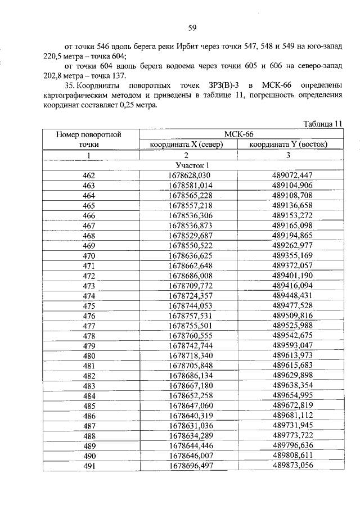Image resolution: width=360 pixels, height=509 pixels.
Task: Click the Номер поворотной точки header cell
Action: click(89, 139)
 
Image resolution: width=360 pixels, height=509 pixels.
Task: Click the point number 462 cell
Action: click(89, 175)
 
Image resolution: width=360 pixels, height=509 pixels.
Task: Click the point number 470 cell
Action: click(89, 255)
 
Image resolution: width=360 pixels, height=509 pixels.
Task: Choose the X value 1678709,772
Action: click(188, 286)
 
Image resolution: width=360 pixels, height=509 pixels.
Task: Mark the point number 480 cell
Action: click(89, 355)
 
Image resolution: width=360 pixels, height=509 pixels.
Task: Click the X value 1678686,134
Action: click(188, 376)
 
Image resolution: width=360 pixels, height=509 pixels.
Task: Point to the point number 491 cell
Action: click(89, 466)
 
